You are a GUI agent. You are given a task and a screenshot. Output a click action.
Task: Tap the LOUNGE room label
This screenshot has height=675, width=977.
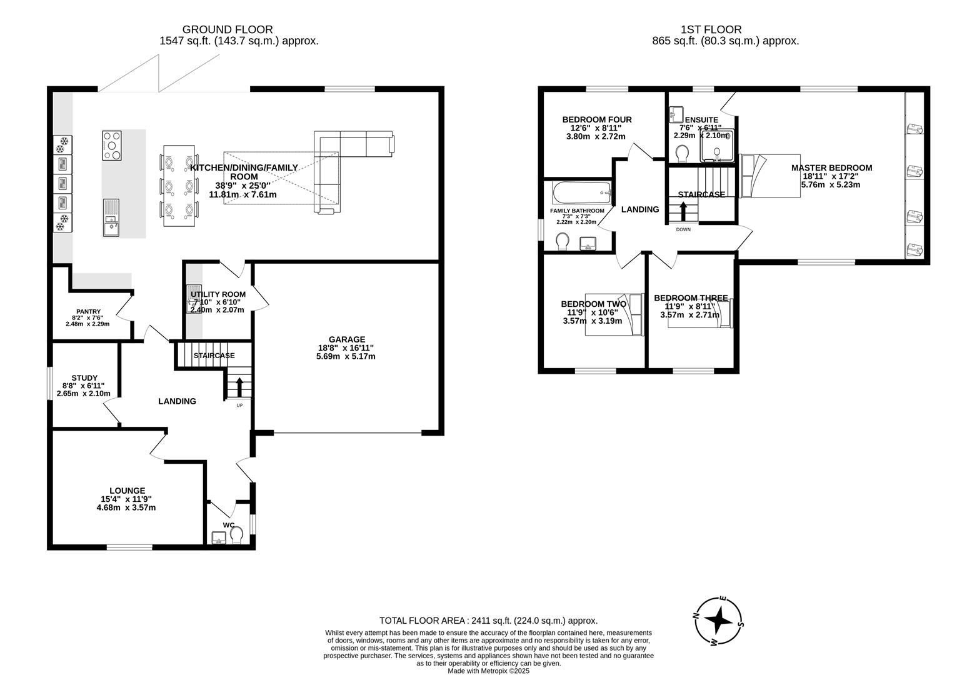pyautogui.click(x=128, y=491)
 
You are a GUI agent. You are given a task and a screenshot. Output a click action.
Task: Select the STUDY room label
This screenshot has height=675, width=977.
pyautogui.click(x=84, y=377)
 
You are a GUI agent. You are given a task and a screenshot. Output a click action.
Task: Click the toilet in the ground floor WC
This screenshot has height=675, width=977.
pyautogui.click(x=236, y=535)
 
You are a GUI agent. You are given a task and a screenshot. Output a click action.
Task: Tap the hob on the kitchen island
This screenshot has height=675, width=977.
pyautogui.click(x=112, y=145)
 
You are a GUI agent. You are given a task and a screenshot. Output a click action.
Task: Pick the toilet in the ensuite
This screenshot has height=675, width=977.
pyautogui.click(x=683, y=153)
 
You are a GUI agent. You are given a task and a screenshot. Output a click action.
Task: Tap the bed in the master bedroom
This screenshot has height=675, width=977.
pyautogui.click(x=769, y=176)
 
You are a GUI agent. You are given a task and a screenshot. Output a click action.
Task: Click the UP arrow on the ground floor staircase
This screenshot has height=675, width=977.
pyautogui.click(x=239, y=387)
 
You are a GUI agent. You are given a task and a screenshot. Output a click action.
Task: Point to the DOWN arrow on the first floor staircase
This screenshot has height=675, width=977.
pyautogui.click(x=683, y=213)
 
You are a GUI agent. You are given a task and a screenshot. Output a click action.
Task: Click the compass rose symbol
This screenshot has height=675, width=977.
pyautogui.click(x=719, y=621)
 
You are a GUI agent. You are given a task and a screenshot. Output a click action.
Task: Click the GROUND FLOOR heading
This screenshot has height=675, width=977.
pyautogui.click(x=227, y=29)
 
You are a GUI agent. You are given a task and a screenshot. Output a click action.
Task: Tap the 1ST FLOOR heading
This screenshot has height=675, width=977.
pyautogui.click(x=711, y=29)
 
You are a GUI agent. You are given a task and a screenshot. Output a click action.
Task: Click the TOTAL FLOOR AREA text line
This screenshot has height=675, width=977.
pyautogui.click(x=488, y=621)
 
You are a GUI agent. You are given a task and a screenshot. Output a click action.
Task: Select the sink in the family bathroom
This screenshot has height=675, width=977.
pyautogui.click(x=588, y=243)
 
